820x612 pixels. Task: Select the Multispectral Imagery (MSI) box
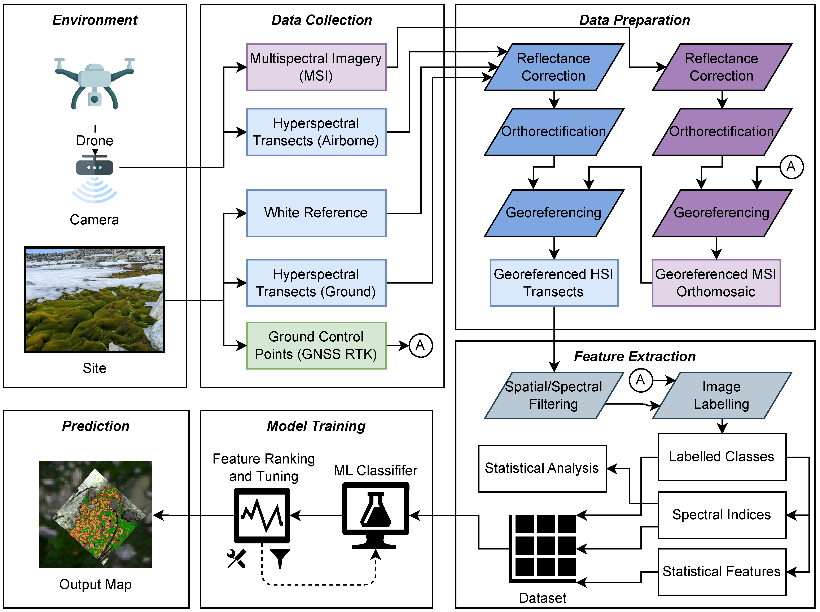tap(316, 67)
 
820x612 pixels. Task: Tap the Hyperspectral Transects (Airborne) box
tap(316, 132)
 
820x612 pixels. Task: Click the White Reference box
tap(316, 213)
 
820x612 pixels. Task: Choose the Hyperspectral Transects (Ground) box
tap(316, 283)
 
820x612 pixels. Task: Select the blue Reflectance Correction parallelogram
tap(554, 67)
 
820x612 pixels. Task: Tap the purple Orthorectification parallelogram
tap(722, 132)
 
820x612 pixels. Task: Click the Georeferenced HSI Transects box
tap(554, 283)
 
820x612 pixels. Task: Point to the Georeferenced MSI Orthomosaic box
tap(716, 283)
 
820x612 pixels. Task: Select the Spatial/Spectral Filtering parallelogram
tap(554, 395)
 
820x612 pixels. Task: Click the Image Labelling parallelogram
tap(722, 395)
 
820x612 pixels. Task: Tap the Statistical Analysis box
tap(542, 468)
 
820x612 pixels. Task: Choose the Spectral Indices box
tap(722, 515)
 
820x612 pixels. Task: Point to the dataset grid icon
tap(543, 548)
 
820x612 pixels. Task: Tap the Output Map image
tap(96, 514)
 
